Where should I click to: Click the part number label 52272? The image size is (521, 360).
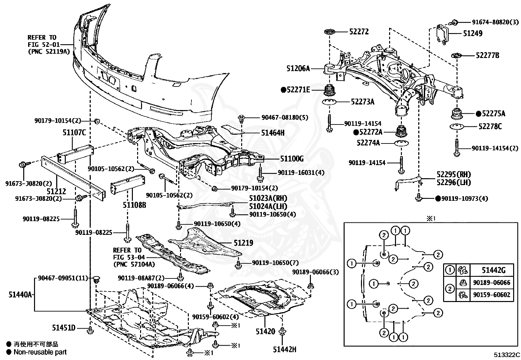coord(359,32)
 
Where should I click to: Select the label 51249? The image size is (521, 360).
coord(473,33)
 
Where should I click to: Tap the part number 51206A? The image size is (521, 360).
coord(298,68)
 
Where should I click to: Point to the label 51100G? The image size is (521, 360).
coord(292,159)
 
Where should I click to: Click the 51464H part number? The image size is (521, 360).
coord(273,133)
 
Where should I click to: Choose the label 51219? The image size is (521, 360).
coord(243,243)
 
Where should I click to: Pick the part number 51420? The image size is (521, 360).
coord(265,332)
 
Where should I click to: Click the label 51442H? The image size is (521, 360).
coord(285,349)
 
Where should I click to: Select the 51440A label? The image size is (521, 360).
coord(20,294)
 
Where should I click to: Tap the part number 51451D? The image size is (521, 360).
coord(64,328)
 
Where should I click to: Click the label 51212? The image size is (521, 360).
coord(56,191)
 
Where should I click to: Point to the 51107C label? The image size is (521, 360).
coord(74,132)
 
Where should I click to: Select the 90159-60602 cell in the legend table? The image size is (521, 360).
coord(492,295)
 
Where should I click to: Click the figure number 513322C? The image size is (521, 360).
coord(507,355)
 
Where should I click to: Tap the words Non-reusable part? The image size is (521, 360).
coord(40,352)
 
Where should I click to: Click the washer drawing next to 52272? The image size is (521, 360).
coord(330,31)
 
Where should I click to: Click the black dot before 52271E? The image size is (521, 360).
coord(283,90)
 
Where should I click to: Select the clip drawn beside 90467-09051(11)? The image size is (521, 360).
coord(96,279)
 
